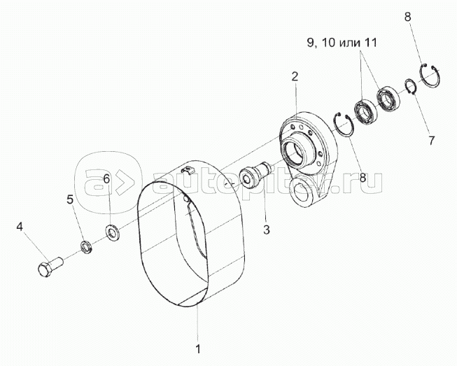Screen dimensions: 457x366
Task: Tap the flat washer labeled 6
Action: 111,232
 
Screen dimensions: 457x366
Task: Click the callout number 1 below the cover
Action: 198,349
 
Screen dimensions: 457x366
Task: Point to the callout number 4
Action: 19,227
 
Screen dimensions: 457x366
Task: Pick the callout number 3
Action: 267,230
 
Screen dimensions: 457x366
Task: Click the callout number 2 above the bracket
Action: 295,77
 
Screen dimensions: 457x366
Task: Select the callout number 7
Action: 431,141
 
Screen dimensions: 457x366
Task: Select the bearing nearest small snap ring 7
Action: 388,99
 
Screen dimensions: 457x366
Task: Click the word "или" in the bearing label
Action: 351,43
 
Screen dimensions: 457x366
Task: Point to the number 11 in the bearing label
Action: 371,43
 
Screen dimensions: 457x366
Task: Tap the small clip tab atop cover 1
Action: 188,169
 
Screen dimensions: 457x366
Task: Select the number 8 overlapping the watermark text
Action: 363,178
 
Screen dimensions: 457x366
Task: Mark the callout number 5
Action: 70,199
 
